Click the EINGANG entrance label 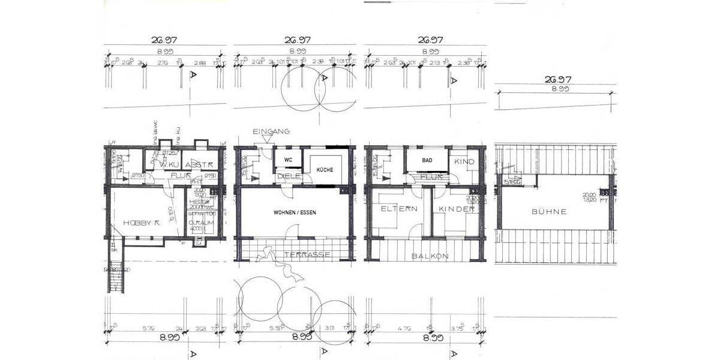pos(272,131)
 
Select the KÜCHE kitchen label pos(325,170)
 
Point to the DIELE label pos(289,176)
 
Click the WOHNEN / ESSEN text pos(295,213)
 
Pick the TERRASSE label pos(307,255)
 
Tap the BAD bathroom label pos(427,161)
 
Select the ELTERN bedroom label pos(399,209)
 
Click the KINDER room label pos(457,209)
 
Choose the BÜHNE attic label pos(550,212)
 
